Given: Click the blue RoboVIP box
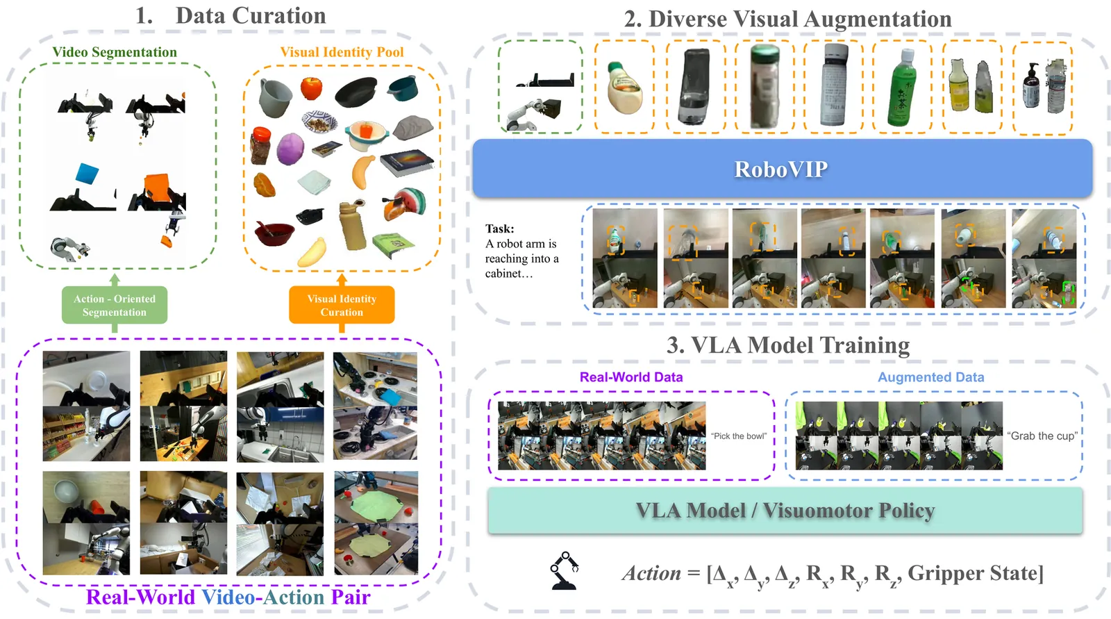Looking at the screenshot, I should tap(782, 169).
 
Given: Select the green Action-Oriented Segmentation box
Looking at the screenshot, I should tap(115, 305).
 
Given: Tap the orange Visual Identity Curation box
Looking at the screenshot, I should tap(342, 305).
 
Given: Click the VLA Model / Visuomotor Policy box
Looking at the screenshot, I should tap(785, 511).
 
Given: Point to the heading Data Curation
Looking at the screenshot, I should tap(250, 16).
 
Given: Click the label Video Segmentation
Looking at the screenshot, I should tap(115, 52).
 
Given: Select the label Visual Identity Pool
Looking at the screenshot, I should tap(342, 52).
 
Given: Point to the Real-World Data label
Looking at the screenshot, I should tap(631, 377).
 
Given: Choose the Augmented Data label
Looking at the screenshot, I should tap(930, 377).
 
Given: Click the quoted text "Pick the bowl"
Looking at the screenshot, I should tap(739, 436).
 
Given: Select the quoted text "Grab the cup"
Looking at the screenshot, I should tap(1042, 436).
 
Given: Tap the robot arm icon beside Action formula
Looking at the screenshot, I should tap(565, 571).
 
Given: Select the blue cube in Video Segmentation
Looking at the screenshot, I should tap(87, 174).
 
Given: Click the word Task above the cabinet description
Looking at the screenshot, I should tap(499, 229).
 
